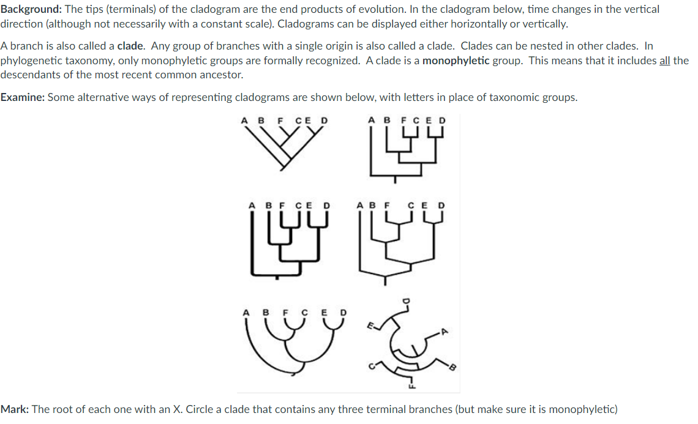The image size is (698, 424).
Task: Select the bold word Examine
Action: point(22,98)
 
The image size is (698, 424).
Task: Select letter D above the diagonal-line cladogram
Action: point(325,120)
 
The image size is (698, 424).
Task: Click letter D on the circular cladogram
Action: point(404,300)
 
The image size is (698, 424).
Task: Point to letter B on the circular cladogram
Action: point(454,368)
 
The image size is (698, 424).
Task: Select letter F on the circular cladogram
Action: point(410,385)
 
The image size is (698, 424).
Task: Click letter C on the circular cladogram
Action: point(371,367)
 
